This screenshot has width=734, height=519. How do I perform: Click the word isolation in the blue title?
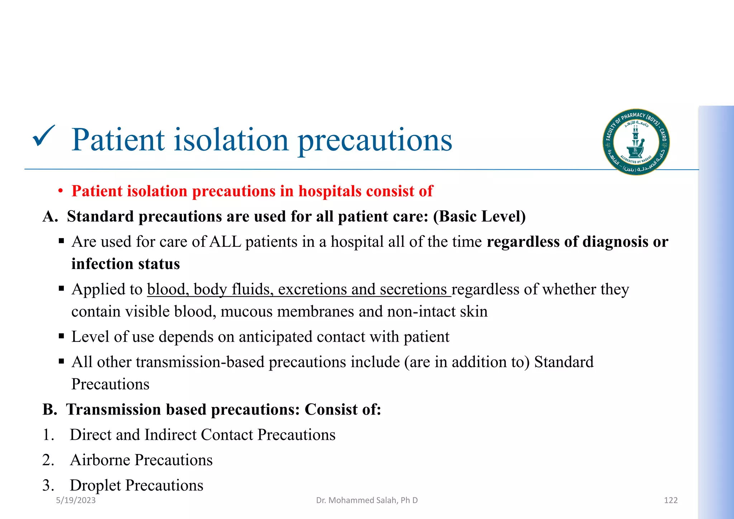tap(231, 140)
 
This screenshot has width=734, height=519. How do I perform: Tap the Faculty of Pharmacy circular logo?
tap(636, 142)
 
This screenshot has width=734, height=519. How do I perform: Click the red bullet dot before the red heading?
tap(61, 192)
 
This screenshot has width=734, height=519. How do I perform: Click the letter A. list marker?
tap(50, 217)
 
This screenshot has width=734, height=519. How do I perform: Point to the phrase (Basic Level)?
tap(479, 217)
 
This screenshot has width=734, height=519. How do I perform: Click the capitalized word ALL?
tap(225, 242)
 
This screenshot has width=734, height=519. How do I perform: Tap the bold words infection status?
tap(125, 264)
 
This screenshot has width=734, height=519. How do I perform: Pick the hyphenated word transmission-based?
tap(200, 362)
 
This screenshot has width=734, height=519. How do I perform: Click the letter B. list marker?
tap(50, 410)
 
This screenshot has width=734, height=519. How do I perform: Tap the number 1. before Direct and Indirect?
tap(48, 435)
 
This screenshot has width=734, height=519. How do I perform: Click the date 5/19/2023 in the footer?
tap(76, 500)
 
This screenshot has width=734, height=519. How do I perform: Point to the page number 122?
tap(671, 500)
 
